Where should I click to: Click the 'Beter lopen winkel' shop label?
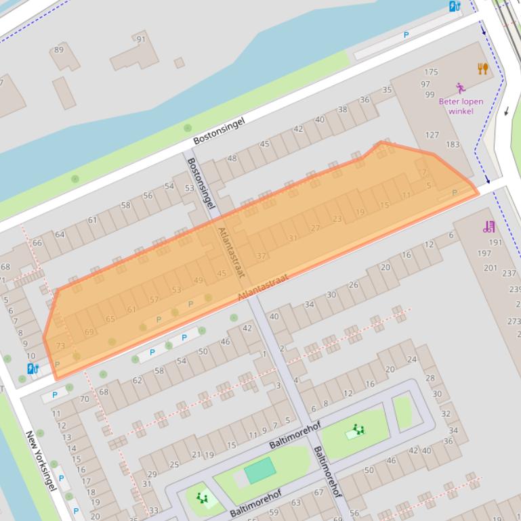click(x=461, y=106)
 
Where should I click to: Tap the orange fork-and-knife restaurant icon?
click(x=482, y=68)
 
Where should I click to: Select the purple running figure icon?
click(x=461, y=88)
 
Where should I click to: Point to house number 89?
click(x=59, y=49)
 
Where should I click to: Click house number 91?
click(x=141, y=39)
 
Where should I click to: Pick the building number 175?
click(x=431, y=72)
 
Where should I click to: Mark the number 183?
click(x=452, y=144)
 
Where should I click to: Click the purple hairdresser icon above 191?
click(x=488, y=227)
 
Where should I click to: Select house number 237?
click(x=509, y=273)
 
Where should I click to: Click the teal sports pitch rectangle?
click(x=259, y=470)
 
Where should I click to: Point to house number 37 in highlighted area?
click(x=262, y=256)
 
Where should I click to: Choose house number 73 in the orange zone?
click(x=60, y=346)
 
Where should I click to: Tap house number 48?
click(x=232, y=158)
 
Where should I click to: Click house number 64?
click(x=60, y=234)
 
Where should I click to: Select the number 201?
click(x=490, y=268)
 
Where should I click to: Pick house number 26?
click(x=353, y=285)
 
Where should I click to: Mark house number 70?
click(x=85, y=399)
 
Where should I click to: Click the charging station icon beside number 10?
click(x=33, y=369)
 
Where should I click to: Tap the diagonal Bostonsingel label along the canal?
click(x=218, y=129)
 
